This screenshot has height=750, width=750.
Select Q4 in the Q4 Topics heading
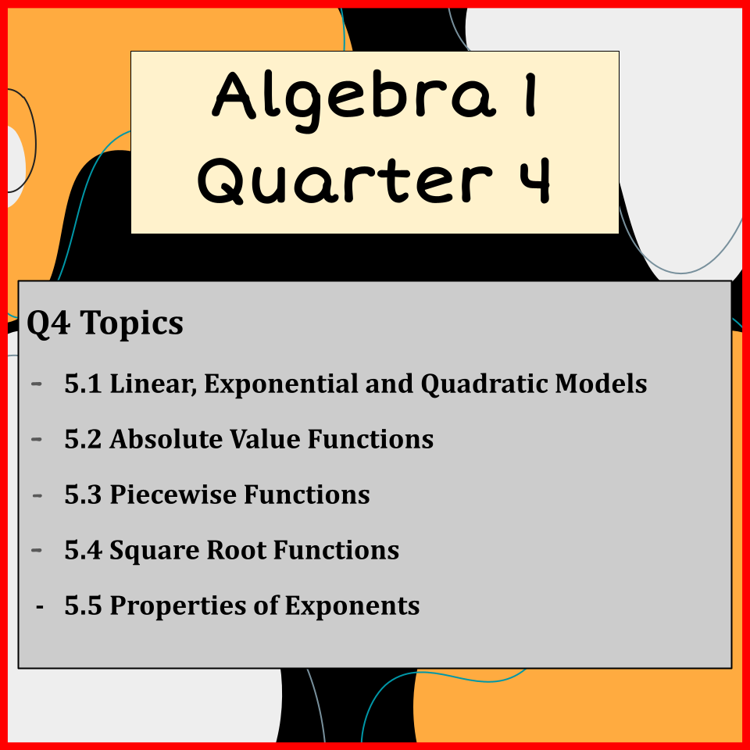coord(48,323)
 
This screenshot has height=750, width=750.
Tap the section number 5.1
coord(84,384)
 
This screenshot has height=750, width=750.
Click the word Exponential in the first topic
coord(281,384)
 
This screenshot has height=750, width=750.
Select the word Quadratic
coord(484,384)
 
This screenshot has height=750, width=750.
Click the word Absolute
coord(166,438)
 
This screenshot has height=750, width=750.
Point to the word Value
coord(265,438)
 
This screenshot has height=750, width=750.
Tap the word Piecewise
coord(173,494)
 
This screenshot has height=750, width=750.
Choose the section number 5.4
coord(84,550)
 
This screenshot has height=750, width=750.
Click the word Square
coord(155,551)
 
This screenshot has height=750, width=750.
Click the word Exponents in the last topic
coord(352,606)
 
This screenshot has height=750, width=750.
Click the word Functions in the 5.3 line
coord(306,494)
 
